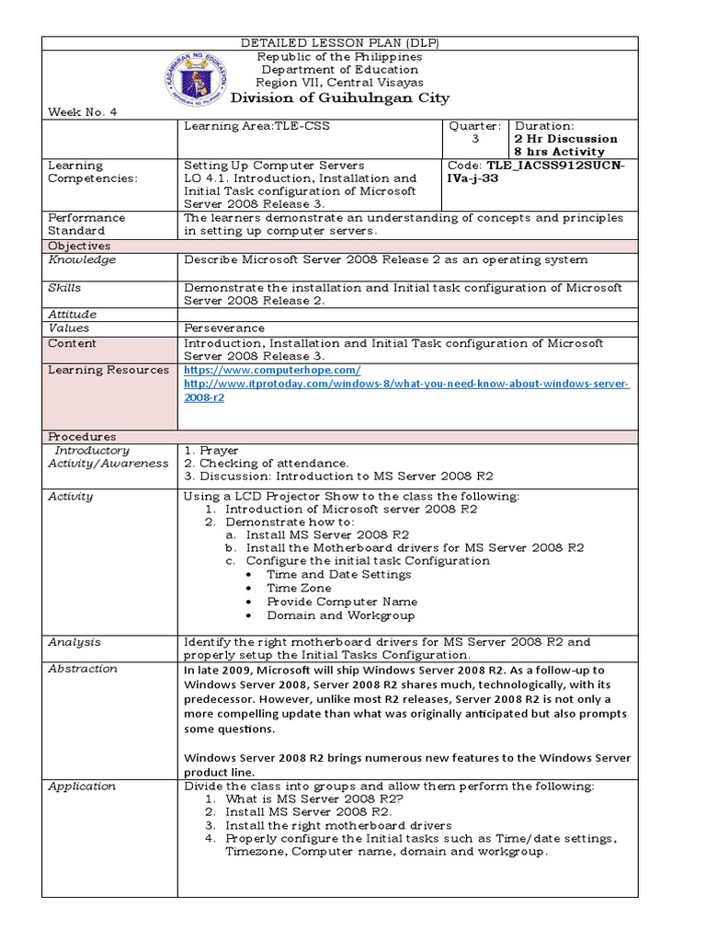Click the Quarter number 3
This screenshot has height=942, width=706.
(x=474, y=139)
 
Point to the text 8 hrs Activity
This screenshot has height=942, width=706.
(x=560, y=152)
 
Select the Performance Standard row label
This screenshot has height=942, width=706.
(x=87, y=224)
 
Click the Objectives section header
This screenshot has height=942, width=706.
(x=79, y=247)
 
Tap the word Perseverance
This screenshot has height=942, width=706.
(x=224, y=327)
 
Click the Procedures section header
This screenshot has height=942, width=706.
(x=82, y=436)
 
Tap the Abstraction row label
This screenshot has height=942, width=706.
(x=83, y=669)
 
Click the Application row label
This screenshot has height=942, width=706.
(x=82, y=787)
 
